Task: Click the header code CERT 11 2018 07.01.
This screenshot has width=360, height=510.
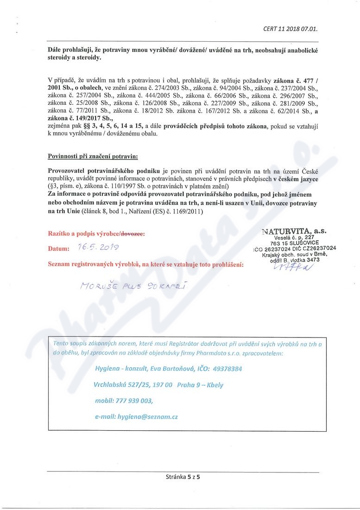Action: pos(290,29)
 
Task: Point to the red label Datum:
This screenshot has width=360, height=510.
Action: pos(58,249)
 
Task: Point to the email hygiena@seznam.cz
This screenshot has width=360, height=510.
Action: pos(136,417)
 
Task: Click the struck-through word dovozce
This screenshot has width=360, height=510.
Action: pos(133,234)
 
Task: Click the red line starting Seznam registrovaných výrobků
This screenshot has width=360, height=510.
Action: pos(146,264)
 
